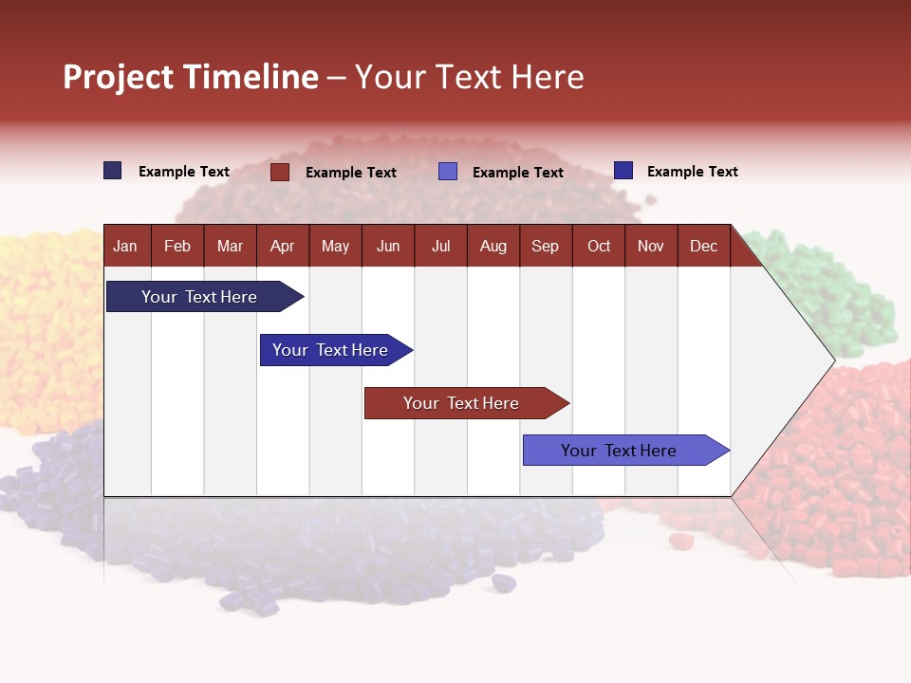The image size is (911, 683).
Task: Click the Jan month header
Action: (x=125, y=246)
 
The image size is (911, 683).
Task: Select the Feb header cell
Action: (x=177, y=246)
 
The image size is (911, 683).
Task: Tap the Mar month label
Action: (x=230, y=246)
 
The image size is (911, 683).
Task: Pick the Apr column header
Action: (x=282, y=246)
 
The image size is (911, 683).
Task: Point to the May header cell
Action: (x=335, y=246)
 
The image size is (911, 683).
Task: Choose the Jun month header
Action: (x=388, y=246)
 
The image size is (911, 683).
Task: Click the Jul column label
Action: (x=440, y=246)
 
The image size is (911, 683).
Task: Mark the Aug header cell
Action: (x=493, y=246)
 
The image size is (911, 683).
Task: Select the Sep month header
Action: (x=545, y=246)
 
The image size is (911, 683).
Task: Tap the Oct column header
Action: (x=599, y=246)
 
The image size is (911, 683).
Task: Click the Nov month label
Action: (x=651, y=246)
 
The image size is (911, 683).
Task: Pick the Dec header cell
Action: (x=703, y=246)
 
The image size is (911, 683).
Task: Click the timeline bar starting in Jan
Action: (x=199, y=297)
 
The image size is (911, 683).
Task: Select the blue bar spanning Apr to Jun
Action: (x=330, y=350)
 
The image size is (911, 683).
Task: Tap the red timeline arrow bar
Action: (x=461, y=403)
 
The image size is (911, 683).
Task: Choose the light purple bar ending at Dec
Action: (x=619, y=451)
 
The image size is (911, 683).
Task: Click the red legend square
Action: (x=280, y=172)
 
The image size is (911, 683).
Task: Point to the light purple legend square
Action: (x=448, y=172)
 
